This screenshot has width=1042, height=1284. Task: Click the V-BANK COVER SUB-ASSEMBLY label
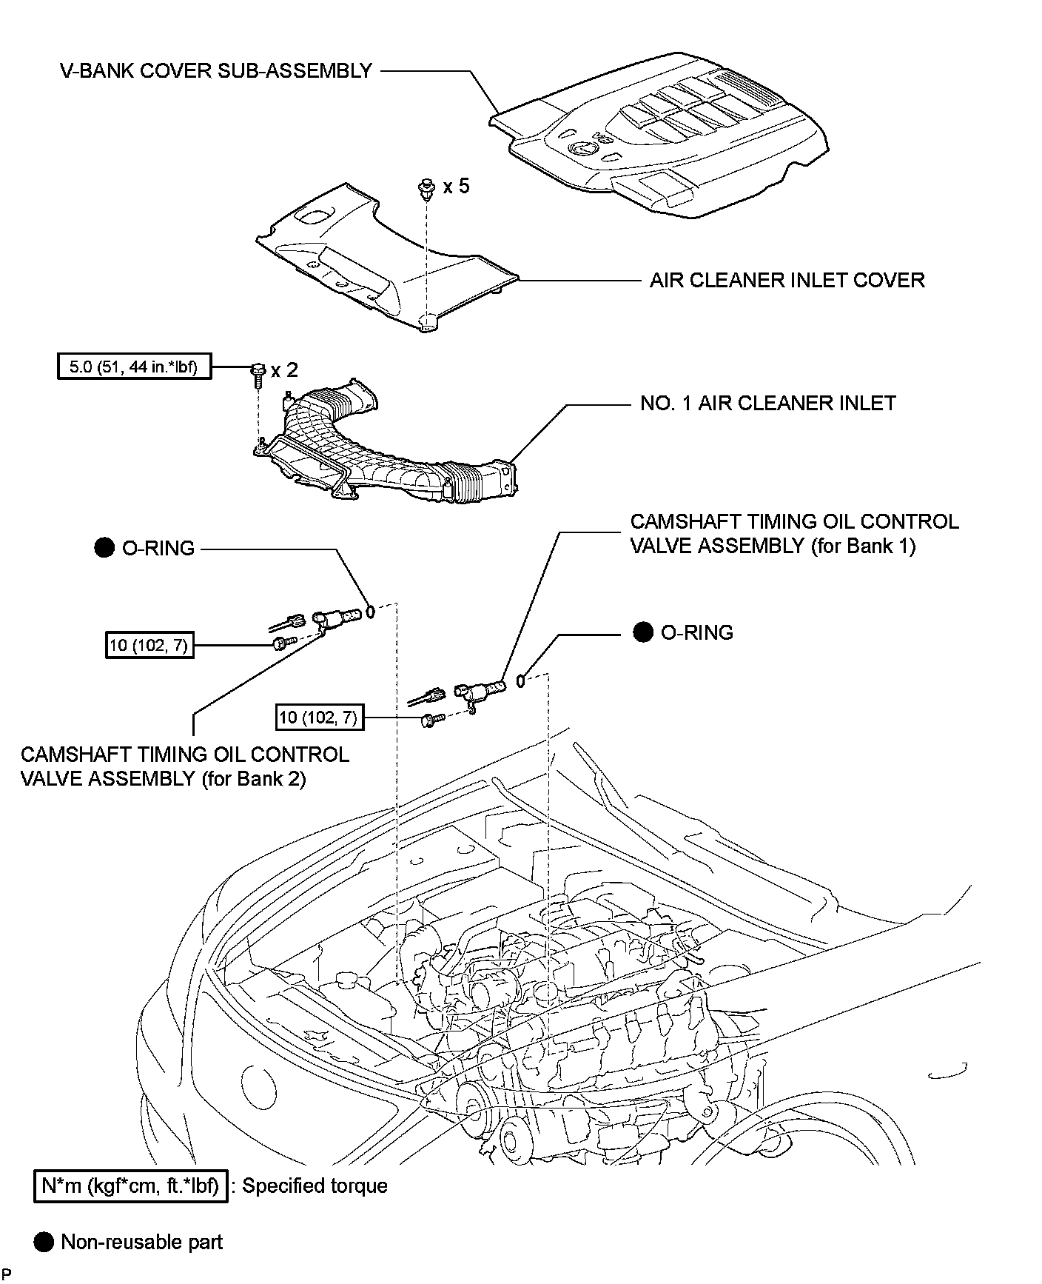pyautogui.click(x=216, y=71)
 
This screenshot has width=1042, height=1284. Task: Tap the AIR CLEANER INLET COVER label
pyautogui.click(x=787, y=280)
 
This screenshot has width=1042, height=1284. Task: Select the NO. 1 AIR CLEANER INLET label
pyautogui.click(x=768, y=403)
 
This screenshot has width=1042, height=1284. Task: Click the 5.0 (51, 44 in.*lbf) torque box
pyautogui.click(x=134, y=366)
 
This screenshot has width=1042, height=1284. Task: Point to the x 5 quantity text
pyautogui.click(x=456, y=186)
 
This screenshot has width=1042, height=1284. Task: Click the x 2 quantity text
pyautogui.click(x=285, y=370)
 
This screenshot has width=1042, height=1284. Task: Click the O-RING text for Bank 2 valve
pyautogui.click(x=158, y=549)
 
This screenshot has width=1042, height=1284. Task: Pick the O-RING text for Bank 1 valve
pyautogui.click(x=697, y=632)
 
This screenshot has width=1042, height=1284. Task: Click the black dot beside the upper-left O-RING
pyautogui.click(x=104, y=548)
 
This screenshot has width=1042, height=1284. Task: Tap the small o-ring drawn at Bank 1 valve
pyautogui.click(x=521, y=681)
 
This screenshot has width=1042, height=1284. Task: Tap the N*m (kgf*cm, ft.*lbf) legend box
pyautogui.click(x=130, y=1186)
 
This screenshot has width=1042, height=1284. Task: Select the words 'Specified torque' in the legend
pyautogui.click(x=315, y=1186)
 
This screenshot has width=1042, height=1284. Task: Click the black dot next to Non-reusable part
pyautogui.click(x=44, y=1242)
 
